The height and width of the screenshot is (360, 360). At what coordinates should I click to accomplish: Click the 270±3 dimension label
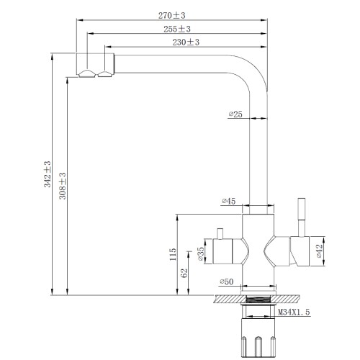pos(172,16)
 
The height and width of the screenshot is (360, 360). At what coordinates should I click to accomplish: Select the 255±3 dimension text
pos(177,29)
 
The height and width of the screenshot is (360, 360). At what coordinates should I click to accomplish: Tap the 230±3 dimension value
pos(186,42)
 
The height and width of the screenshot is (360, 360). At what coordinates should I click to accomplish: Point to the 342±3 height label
pos(48,174)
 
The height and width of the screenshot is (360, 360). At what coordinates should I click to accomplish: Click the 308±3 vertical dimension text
pos(63,186)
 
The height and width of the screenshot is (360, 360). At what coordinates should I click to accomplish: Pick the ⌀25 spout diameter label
pos(235,114)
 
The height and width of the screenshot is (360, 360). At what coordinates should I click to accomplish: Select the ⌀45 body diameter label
pos(229,201)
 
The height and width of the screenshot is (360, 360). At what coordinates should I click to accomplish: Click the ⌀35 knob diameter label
pos(201,254)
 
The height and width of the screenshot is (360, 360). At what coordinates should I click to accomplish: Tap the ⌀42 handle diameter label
pos(319,251)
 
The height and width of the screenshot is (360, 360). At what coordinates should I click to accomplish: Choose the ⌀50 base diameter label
pos(227,282)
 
